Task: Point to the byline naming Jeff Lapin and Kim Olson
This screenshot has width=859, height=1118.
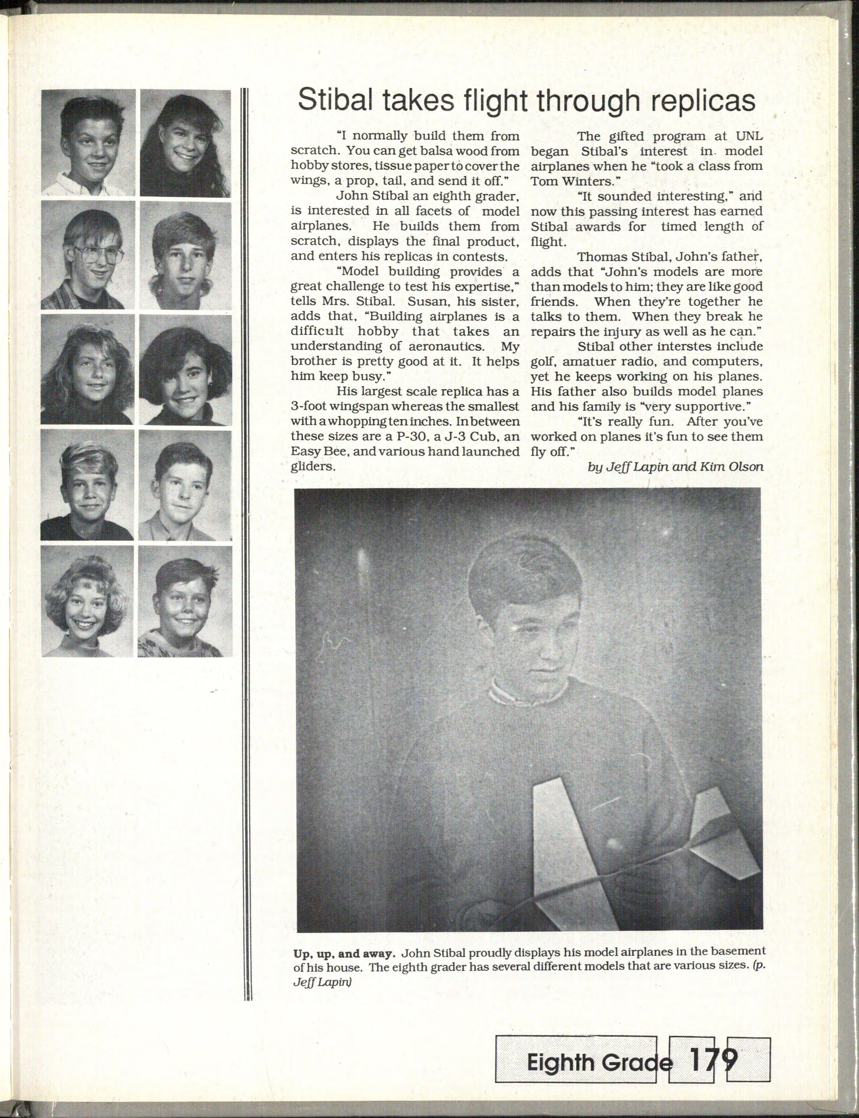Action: coord(676,466)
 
